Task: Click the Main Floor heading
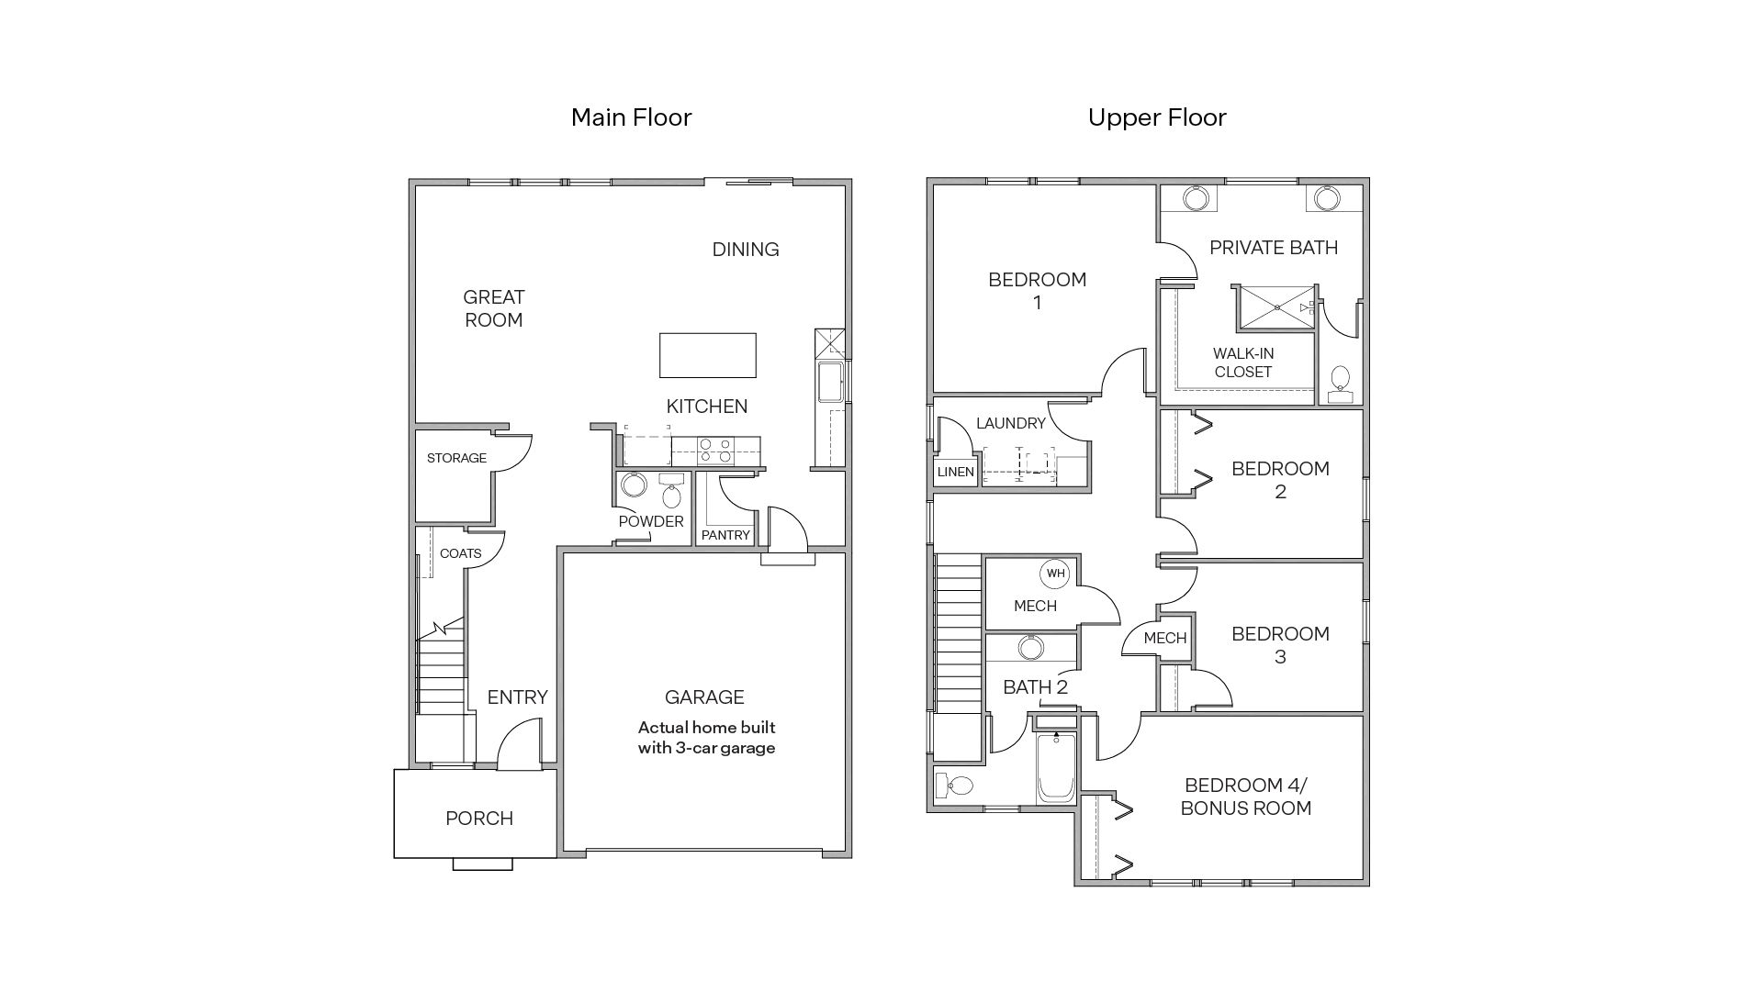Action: point(631,117)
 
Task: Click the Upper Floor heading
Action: point(1157,117)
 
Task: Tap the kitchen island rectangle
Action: point(707,355)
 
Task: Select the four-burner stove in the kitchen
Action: point(715,450)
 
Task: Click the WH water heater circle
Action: point(1055,574)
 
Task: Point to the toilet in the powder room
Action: point(672,495)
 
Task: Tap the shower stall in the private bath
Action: point(1275,307)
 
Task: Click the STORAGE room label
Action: point(456,458)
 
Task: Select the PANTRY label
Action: point(725,535)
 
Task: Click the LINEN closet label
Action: point(955,472)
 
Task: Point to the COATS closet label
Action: point(460,553)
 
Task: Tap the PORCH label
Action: point(478,819)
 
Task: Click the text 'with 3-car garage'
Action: point(706,748)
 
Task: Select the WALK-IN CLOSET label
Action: point(1242,362)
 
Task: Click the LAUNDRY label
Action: point(1010,423)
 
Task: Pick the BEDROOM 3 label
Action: point(1280,645)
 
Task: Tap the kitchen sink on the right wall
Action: point(830,383)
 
